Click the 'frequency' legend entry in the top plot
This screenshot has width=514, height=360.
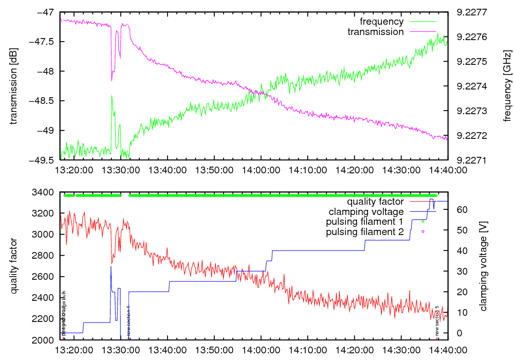(381, 22)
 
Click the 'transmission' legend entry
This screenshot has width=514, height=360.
(376, 32)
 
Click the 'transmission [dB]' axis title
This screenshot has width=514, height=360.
(14, 86)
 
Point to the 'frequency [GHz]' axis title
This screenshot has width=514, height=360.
(508, 86)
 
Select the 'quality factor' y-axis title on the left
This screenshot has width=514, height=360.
(14, 266)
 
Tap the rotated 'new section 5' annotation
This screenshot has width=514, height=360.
(437, 320)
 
